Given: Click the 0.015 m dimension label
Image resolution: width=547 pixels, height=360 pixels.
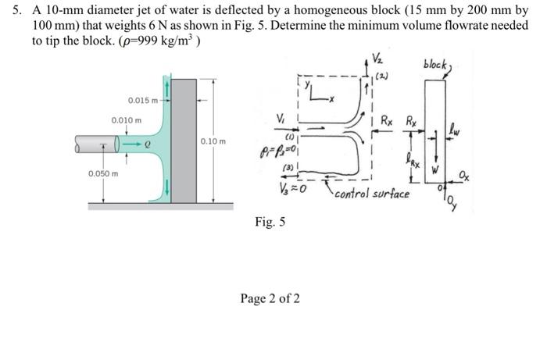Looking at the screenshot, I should click(x=142, y=100).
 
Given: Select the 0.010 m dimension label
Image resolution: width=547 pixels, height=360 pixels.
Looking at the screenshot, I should click(x=127, y=120).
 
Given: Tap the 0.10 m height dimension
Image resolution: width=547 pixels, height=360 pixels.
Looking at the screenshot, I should click(x=212, y=141).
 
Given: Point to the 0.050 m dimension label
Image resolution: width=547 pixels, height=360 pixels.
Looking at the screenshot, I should click(x=103, y=173).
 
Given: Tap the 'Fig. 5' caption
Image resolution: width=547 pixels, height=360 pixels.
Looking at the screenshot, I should click(x=270, y=223).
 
